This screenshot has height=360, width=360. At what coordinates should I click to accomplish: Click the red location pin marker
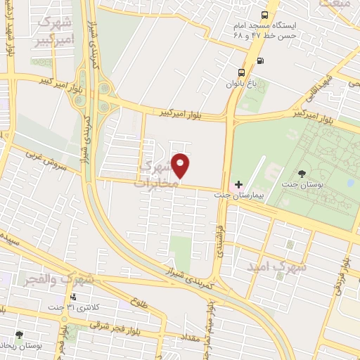tap(181, 165)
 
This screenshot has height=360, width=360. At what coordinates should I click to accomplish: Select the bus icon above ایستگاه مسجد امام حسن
tap(264, 15)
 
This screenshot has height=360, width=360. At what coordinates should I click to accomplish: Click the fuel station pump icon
tap(261, 61)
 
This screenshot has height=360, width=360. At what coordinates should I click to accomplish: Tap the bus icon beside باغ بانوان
tap(242, 72)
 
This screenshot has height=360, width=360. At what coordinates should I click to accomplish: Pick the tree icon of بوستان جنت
tap(302, 174)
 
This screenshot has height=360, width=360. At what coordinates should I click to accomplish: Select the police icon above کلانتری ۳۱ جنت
tap(72, 297)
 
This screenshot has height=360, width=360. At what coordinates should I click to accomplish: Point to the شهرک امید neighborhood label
tap(278, 267)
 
